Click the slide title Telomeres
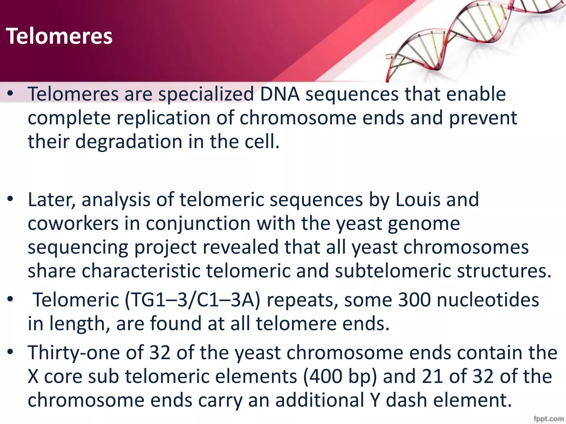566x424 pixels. [x=59, y=36]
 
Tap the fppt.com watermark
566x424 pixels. [x=549, y=419]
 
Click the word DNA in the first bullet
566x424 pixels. [x=279, y=94]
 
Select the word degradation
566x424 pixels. [x=129, y=142]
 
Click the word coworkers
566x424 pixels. [x=73, y=223]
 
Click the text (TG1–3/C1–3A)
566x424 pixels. [x=192, y=300]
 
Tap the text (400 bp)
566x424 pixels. [x=340, y=377]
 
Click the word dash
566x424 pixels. [x=406, y=400]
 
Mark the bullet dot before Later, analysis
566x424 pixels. [x=11, y=199]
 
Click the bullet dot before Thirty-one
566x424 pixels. [x=11, y=353]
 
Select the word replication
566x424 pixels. [x=163, y=118]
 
